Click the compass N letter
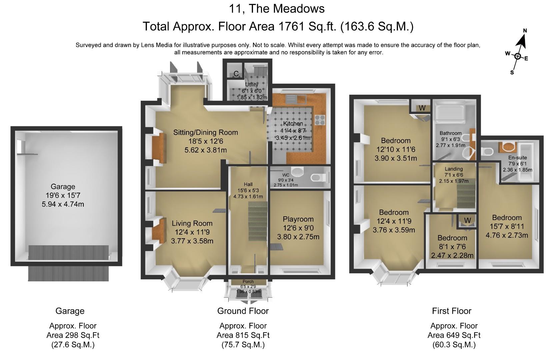(525, 31)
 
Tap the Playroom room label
(298, 219)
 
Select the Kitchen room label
(293, 123)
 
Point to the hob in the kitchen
(320, 120)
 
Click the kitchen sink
(296, 99)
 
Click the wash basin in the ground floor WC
(297, 171)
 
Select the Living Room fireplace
(159, 230)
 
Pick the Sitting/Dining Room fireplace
(159, 148)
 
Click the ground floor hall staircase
(258, 221)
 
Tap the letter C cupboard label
(236, 74)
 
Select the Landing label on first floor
(454, 169)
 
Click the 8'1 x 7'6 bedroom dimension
(452, 247)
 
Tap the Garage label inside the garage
(63, 186)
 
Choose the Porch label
(248, 282)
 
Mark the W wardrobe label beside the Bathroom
(422, 108)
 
